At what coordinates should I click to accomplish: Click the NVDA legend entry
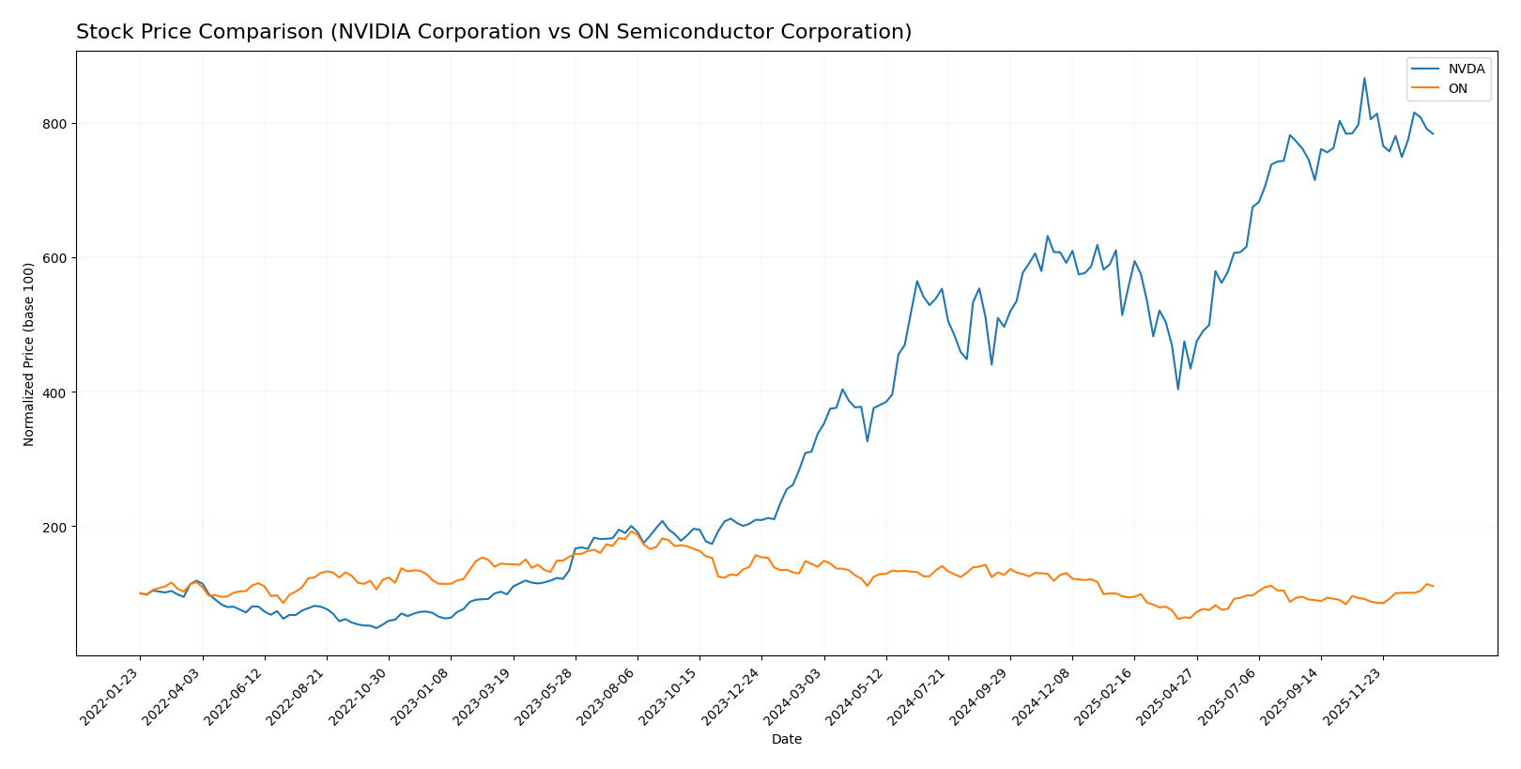tap(1466, 69)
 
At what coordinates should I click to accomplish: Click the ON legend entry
tap(1457, 89)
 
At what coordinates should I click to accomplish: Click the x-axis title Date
tap(787, 740)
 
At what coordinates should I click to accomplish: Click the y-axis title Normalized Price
tap(29, 354)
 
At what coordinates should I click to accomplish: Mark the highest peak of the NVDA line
tap(1364, 78)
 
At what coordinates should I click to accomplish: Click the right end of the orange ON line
tap(1433, 586)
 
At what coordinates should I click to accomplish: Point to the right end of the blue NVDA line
tap(1433, 134)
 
